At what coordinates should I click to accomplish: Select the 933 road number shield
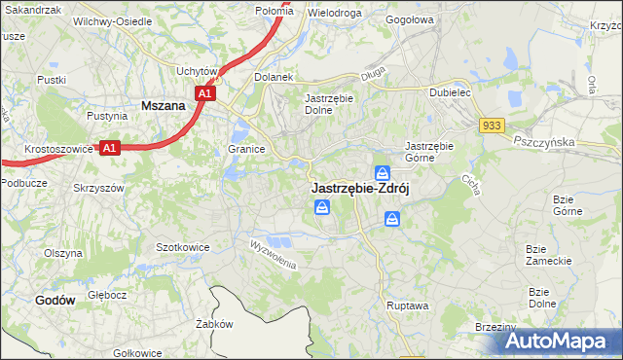[491, 125]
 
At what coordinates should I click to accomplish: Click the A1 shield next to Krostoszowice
[110, 148]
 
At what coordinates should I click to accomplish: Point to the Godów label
[55, 301]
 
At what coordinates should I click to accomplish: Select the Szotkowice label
[183, 247]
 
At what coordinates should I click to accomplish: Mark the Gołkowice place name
[136, 352]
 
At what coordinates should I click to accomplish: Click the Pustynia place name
[107, 116]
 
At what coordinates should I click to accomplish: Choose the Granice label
[247, 149]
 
